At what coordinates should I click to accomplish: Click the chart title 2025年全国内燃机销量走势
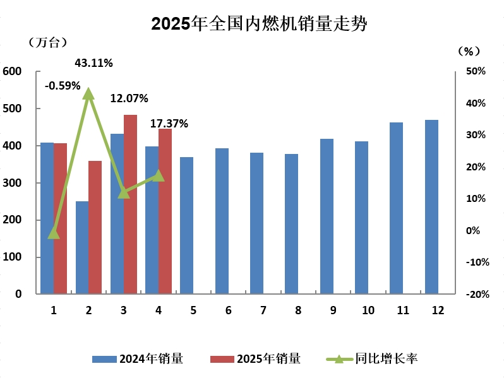point(259,24)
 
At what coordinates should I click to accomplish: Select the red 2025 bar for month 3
point(130,204)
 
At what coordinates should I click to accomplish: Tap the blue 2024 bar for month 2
point(82,247)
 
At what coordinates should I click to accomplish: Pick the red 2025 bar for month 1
point(60,218)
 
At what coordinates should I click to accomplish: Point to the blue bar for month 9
point(327,216)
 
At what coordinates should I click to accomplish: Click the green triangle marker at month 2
point(88,94)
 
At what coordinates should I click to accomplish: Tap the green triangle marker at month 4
point(159,175)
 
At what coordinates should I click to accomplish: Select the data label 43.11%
point(93,63)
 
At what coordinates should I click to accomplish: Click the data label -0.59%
point(63,85)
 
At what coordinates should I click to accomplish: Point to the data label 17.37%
point(169,124)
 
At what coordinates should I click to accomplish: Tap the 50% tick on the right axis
point(475,72)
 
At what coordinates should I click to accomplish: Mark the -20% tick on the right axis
point(477,294)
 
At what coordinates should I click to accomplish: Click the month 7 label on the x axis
point(256,310)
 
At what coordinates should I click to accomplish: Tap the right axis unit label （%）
point(469,50)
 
